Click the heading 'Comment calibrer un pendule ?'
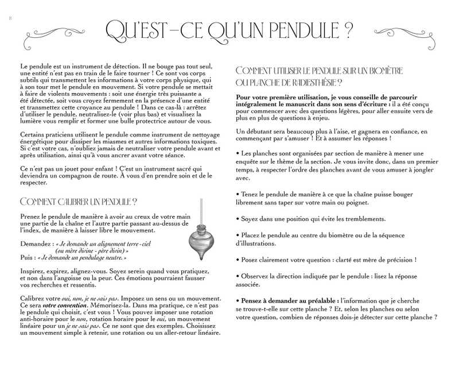click(x=78, y=202)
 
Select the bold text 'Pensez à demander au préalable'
click(x=287, y=301)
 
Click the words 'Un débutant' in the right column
click(x=253, y=132)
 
